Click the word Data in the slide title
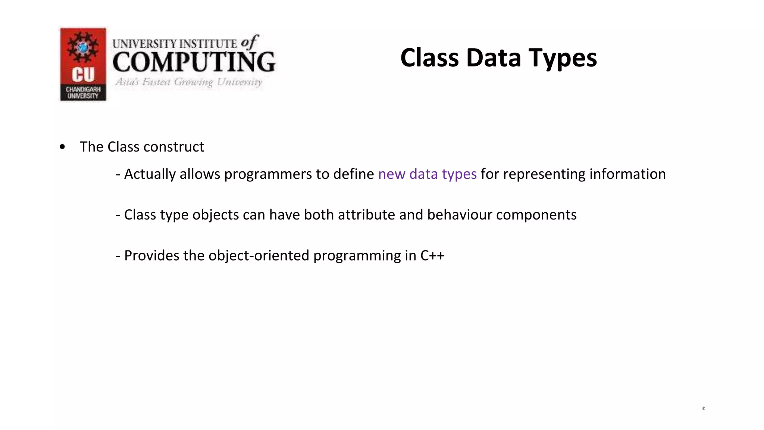pos(493,58)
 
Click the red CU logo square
pos(83,56)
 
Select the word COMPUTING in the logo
pos(194,62)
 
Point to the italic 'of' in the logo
pos(249,42)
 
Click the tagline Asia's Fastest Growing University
pos(188,82)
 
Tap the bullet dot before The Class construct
pos(62,147)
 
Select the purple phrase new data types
pos(427,174)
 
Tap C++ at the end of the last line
pos(432,256)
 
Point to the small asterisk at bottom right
pos(703,409)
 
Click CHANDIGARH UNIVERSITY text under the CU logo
pos(83,93)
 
